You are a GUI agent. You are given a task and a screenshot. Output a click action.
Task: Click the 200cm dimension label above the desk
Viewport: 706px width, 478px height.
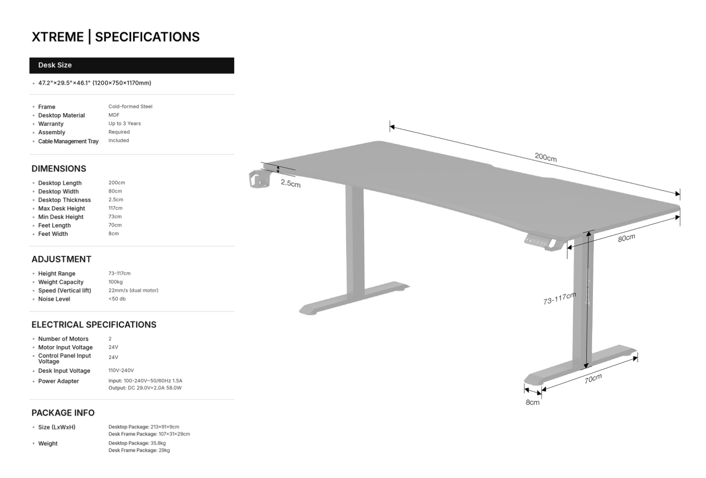[x=545, y=158]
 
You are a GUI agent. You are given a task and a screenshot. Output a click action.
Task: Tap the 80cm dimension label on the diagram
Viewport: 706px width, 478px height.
[x=626, y=237]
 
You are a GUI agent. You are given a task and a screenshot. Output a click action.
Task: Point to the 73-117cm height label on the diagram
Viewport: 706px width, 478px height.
[x=559, y=298]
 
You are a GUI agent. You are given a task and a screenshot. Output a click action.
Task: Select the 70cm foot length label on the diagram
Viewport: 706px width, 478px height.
[x=593, y=379]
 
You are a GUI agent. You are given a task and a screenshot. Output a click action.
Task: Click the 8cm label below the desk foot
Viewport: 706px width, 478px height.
[x=533, y=402]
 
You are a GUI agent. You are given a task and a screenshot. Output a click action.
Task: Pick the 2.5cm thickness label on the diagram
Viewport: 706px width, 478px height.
[x=291, y=183]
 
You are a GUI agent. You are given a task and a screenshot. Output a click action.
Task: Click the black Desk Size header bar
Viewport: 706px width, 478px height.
[x=132, y=65]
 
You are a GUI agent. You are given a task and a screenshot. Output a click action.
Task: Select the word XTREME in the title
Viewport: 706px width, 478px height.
[x=58, y=37]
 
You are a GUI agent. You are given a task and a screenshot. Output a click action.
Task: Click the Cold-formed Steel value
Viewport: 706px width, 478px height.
[x=130, y=107]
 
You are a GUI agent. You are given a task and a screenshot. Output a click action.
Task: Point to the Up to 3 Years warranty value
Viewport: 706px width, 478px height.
[x=124, y=123]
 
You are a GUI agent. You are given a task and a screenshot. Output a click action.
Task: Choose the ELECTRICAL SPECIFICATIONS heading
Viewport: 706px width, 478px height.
[x=94, y=325]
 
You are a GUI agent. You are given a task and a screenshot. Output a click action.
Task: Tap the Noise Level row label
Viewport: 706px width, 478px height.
[x=54, y=299]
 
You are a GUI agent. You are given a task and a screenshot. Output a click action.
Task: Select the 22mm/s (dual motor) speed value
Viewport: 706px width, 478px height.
[x=133, y=291]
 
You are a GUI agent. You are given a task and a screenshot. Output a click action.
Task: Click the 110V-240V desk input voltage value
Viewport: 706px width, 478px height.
[x=121, y=370]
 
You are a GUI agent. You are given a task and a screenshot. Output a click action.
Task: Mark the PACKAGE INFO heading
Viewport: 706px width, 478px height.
[x=63, y=413]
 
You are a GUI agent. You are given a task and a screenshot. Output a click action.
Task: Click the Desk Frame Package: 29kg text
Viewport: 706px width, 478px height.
[x=139, y=450]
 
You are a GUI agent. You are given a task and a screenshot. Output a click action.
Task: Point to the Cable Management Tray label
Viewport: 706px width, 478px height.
[x=68, y=141]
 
